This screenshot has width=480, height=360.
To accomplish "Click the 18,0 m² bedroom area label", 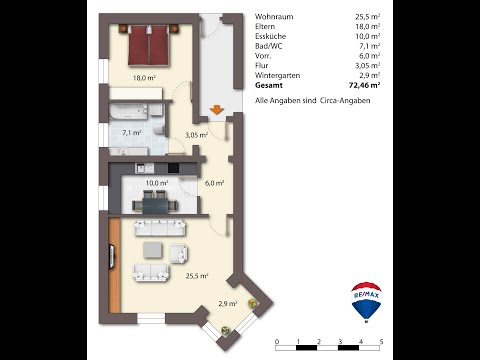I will coord(145,77).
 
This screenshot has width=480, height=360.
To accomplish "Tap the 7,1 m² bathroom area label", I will coord(131,132).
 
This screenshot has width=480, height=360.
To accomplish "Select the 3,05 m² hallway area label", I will coord(196,135).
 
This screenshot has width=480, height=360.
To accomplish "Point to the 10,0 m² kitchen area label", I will coord(156,183).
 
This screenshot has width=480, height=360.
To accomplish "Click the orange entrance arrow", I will coord(214,110).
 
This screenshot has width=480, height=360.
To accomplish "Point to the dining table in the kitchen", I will coord(155,202).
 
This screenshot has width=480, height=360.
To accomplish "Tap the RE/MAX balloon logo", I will coord(366,301).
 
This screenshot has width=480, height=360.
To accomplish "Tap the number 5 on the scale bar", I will coord(382,342).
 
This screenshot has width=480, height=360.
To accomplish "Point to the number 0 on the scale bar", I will coord(276,342).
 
